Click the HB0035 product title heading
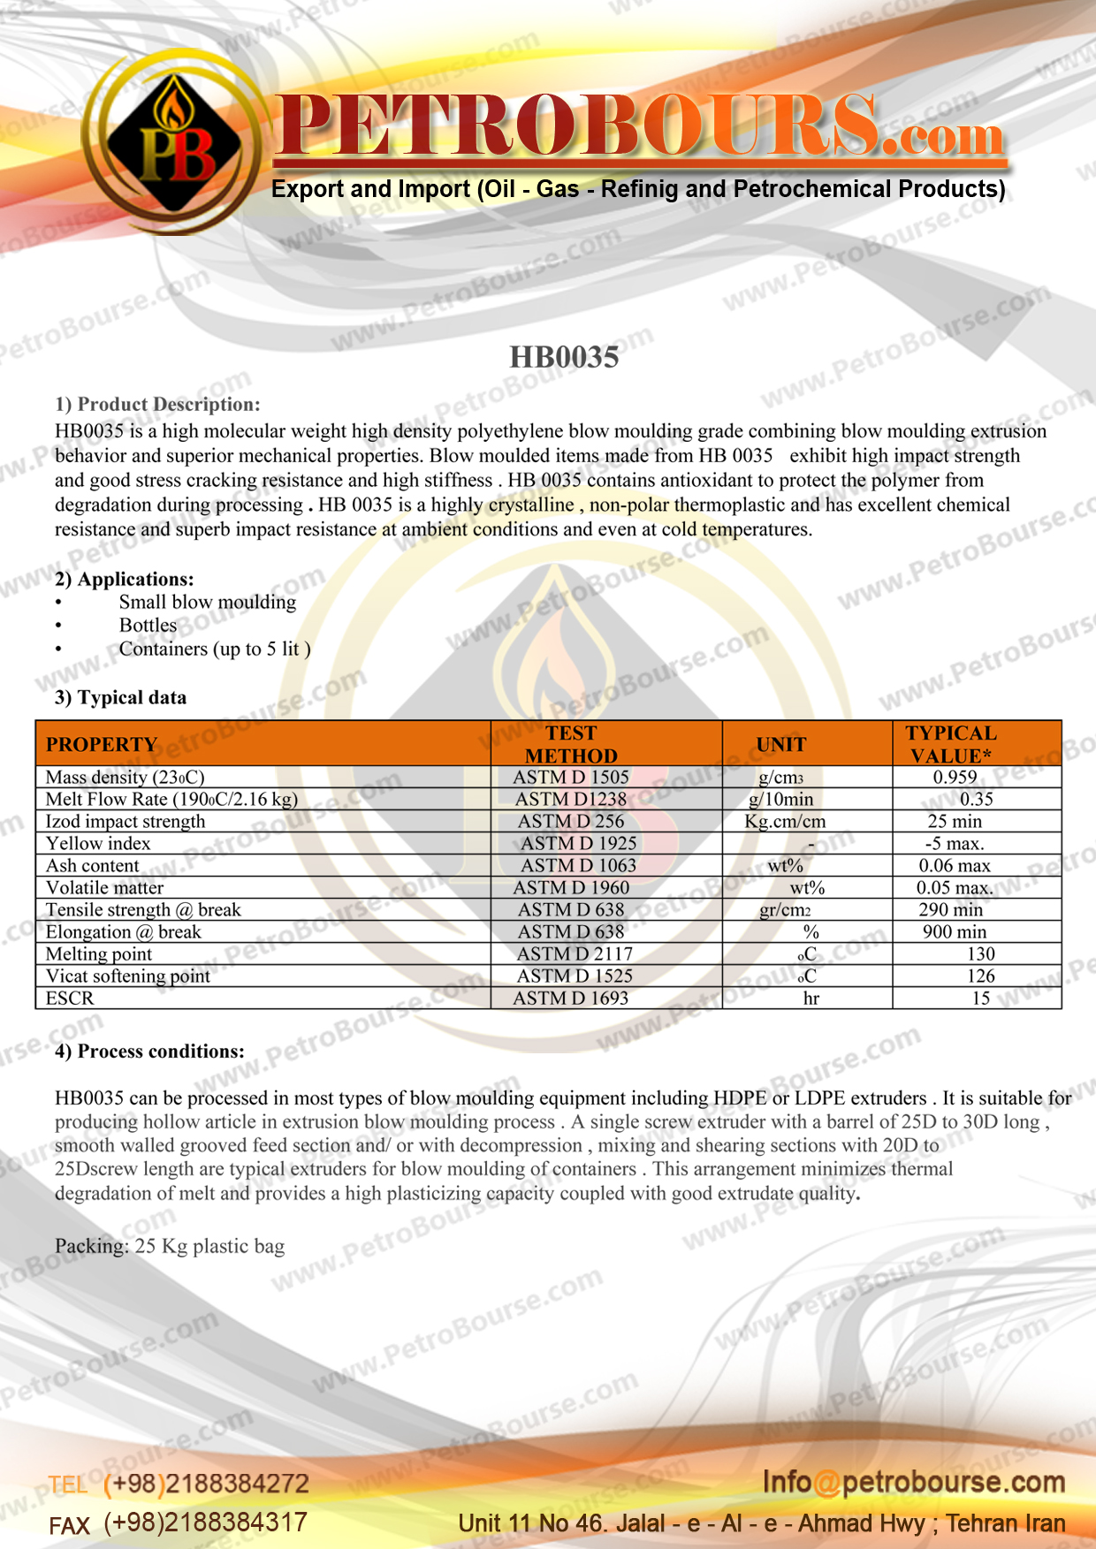tap(564, 357)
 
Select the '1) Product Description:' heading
tap(157, 405)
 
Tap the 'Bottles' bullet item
tap(148, 626)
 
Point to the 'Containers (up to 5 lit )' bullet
tap(215, 649)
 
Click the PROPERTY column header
tap(102, 744)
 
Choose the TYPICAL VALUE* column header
tap(951, 744)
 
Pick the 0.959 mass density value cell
tap(955, 778)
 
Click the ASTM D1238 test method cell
tap(571, 800)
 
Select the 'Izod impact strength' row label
tap(126, 822)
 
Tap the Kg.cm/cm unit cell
tap(785, 822)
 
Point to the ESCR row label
tap(70, 998)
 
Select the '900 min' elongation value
tap(955, 932)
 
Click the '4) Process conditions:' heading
tap(149, 1052)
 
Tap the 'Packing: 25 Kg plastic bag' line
tap(170, 1247)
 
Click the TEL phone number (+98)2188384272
tap(206, 1484)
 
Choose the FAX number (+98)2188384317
tap(205, 1522)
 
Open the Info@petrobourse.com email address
tap(914, 1483)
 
